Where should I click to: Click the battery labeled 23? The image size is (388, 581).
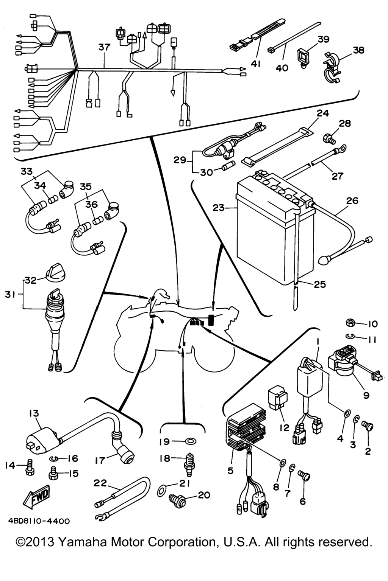click(x=273, y=235)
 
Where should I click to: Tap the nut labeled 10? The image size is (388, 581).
click(x=350, y=323)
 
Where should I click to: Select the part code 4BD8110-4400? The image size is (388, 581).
click(x=39, y=521)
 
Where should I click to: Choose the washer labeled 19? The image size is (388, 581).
click(x=190, y=441)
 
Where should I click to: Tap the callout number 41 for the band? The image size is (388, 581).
click(x=256, y=64)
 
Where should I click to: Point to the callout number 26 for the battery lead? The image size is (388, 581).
click(x=352, y=200)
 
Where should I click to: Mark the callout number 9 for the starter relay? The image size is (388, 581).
click(x=366, y=395)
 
